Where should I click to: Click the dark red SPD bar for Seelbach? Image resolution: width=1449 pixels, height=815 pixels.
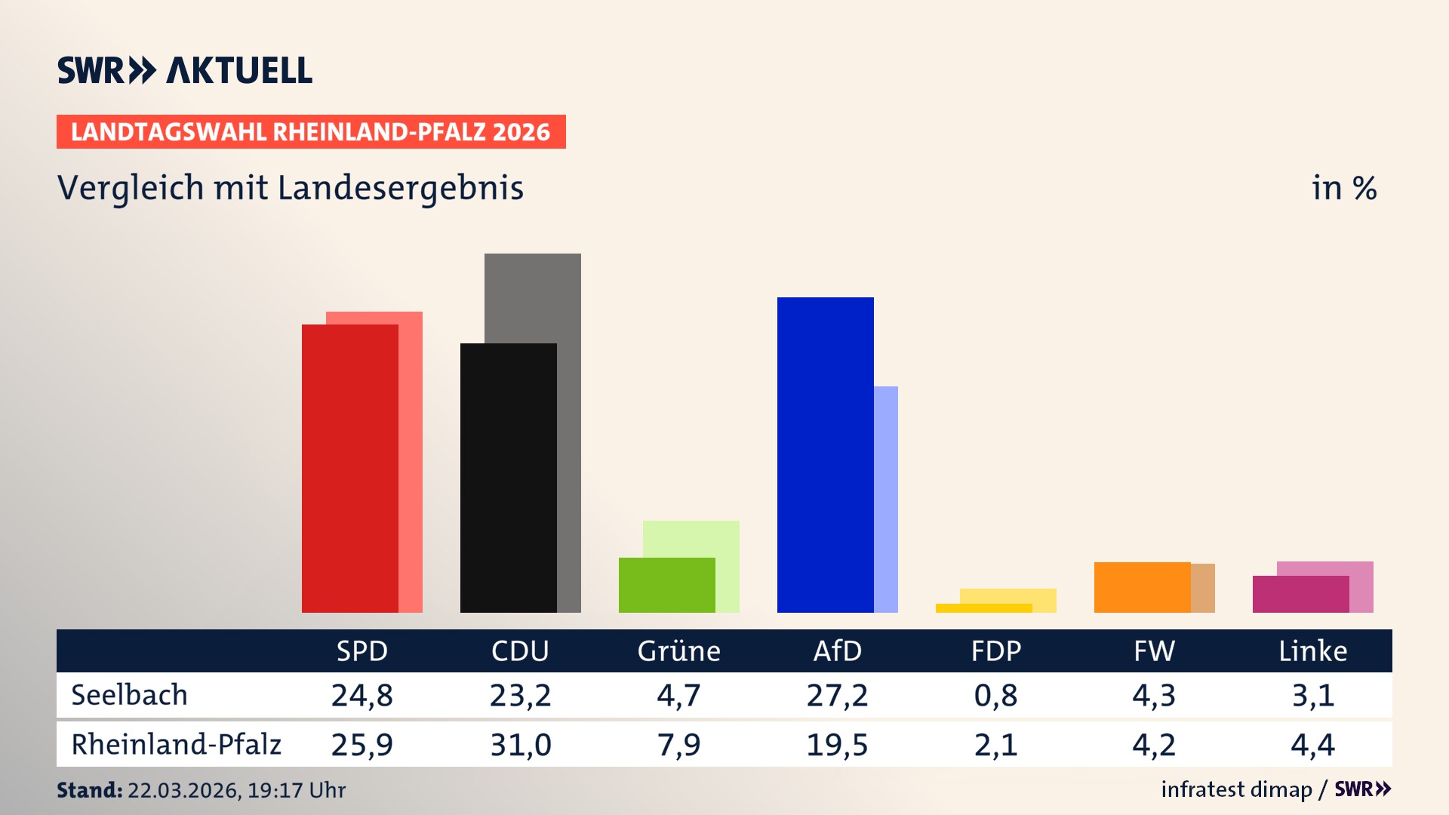click(349, 468)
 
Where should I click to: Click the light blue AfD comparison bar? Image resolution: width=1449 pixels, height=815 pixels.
click(886, 498)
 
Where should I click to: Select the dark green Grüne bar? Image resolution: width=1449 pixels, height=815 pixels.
click(666, 585)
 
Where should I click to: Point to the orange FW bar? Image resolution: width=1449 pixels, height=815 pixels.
click(1142, 587)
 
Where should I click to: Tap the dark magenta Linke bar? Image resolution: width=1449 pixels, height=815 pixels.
click(1300, 594)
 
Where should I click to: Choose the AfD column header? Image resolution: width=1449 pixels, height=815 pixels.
click(837, 650)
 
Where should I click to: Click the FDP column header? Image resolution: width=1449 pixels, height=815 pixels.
click(995, 650)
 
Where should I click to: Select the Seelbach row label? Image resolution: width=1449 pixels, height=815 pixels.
click(129, 695)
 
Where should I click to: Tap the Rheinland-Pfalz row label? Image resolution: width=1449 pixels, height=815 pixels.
click(176, 744)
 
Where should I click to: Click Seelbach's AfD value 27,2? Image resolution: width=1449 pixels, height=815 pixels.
click(837, 695)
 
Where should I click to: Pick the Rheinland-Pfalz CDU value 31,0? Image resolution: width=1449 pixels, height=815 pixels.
click(520, 745)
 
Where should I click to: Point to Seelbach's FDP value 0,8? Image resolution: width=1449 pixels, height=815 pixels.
click(995, 695)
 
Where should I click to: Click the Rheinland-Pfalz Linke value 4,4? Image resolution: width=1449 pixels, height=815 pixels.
click(1312, 745)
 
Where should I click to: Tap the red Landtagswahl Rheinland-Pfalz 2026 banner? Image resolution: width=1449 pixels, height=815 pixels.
click(310, 132)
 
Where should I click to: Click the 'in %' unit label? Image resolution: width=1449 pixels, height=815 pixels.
click(1343, 188)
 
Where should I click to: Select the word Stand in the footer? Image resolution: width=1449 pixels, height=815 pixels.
click(88, 790)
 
